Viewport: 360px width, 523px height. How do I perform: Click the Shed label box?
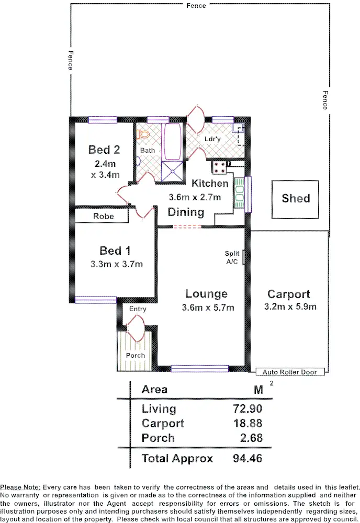pyautogui.click(x=296, y=199)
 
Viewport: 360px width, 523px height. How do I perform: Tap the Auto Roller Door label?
pyautogui.click(x=290, y=372)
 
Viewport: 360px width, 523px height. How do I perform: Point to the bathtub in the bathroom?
pyautogui.click(x=172, y=141)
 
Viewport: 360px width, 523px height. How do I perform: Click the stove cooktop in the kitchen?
pyautogui.click(x=219, y=167)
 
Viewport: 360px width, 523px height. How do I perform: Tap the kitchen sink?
pyautogui.click(x=240, y=194)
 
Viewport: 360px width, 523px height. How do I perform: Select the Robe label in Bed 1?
pyautogui.click(x=103, y=216)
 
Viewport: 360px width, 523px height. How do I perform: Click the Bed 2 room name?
pyautogui.click(x=104, y=150)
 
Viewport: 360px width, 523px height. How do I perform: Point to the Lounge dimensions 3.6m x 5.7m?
pyautogui.click(x=208, y=308)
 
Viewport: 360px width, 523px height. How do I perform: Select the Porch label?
pyautogui.click(x=136, y=356)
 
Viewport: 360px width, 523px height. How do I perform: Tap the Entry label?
pyautogui.click(x=138, y=309)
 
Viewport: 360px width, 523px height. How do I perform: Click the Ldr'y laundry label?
pyautogui.click(x=212, y=140)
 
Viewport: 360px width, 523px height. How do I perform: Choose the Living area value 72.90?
pyautogui.click(x=247, y=409)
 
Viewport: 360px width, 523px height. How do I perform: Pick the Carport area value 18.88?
pyautogui.click(x=247, y=424)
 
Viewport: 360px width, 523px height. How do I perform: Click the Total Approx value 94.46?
pyautogui.click(x=247, y=459)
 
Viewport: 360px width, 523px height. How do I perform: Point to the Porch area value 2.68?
pyautogui.click(x=251, y=438)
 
